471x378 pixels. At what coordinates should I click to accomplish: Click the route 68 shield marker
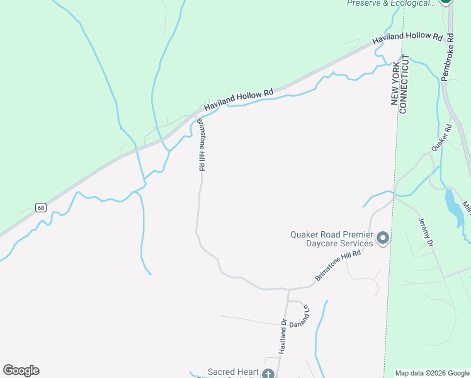41,207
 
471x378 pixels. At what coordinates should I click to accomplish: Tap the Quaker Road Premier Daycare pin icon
383,239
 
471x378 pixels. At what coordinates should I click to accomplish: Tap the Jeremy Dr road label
426,232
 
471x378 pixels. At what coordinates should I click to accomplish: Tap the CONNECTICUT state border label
405,84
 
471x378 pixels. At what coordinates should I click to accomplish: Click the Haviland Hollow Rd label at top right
407,37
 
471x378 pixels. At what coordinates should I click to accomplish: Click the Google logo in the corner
21,370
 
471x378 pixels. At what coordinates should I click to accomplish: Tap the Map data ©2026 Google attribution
432,373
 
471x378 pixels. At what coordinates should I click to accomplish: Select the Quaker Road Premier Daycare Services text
331,239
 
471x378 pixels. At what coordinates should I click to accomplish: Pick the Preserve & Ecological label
391,3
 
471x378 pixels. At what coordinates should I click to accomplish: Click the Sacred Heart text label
233,372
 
